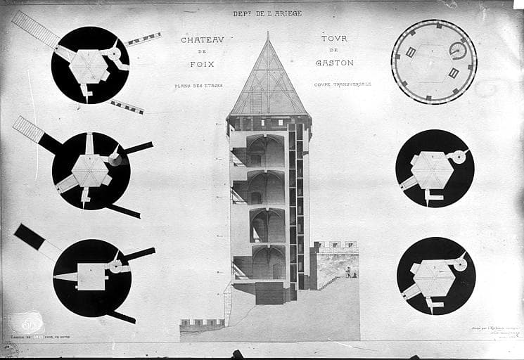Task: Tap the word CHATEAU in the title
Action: coord(202,40)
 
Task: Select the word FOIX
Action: coord(203,63)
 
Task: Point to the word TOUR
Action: coord(334,39)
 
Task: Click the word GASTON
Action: coord(335,63)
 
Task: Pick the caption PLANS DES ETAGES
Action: coord(198,86)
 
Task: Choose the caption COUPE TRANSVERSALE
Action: coord(343,84)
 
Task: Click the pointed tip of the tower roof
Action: coord(268,33)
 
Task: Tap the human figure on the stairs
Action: coord(347,271)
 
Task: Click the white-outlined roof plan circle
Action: coord(433,62)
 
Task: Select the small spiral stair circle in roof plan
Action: coord(458,50)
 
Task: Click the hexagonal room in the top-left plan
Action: coord(88,66)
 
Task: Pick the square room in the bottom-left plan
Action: coord(91,276)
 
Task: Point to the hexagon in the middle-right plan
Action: coord(430,170)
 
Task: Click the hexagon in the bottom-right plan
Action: coord(433,277)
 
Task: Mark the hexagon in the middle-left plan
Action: coord(89,171)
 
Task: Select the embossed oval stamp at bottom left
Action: coord(27,323)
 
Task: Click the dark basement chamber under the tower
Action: coord(269,292)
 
